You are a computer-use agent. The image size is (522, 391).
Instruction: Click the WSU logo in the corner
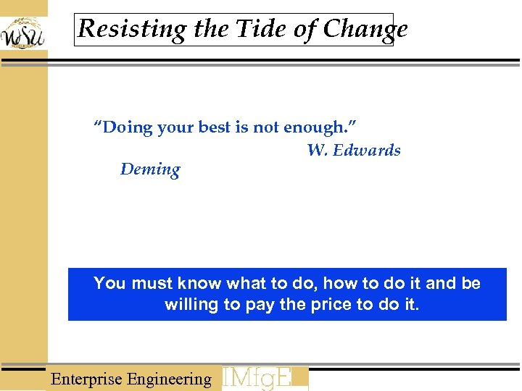click(22, 33)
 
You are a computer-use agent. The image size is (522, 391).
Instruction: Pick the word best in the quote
click(214, 127)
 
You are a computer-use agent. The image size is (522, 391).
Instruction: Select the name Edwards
click(368, 150)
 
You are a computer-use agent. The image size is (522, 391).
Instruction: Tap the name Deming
click(150, 169)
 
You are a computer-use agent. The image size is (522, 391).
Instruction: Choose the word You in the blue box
click(109, 283)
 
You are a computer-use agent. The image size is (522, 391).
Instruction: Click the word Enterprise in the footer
click(86, 379)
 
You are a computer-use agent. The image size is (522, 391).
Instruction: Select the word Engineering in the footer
click(169, 379)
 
